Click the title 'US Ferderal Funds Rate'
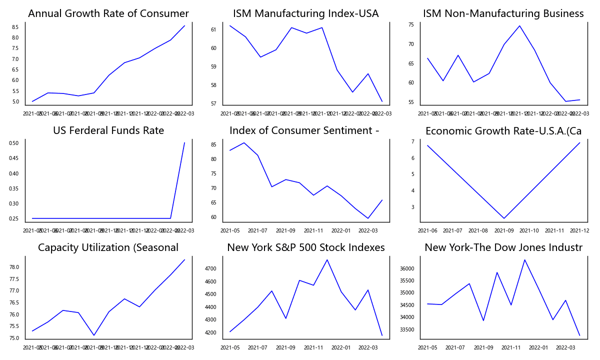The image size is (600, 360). click(108, 131)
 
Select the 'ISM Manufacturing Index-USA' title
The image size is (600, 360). click(306, 14)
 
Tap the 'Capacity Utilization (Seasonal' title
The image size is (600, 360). click(108, 248)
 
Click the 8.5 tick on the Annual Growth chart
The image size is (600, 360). click(15, 27)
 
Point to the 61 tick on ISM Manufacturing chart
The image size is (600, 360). click(213, 30)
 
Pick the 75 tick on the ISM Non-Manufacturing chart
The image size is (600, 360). click(410, 25)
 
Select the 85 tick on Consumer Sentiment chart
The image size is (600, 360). click(213, 145)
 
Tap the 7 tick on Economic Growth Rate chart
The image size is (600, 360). click(412, 142)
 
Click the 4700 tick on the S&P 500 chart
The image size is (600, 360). click(210, 269)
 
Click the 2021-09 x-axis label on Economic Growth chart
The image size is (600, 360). click(503, 230)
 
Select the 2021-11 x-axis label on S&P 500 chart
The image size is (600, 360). click(313, 347)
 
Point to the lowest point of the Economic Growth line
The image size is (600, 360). click(504, 218)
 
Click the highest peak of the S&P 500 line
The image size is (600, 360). click(327, 259)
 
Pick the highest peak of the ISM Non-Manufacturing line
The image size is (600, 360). click(519, 25)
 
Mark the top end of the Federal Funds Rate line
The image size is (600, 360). click(184, 143)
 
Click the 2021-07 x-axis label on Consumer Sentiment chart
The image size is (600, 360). click(257, 230)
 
